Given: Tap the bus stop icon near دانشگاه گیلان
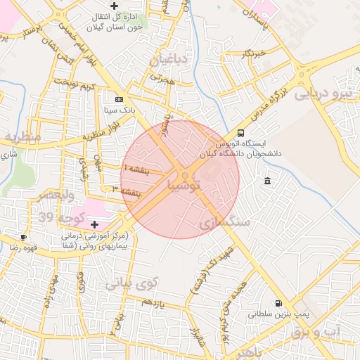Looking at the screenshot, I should (241, 133).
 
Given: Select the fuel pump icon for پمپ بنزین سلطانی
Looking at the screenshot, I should (278, 304).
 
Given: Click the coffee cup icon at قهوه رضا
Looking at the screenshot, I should (24, 238).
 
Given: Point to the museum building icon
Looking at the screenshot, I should (267, 182).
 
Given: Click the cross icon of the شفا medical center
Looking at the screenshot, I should (95, 224).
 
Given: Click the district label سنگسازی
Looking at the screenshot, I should (225, 222).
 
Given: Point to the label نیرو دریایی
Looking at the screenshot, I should (326, 92).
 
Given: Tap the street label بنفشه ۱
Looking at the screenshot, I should (135, 169).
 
